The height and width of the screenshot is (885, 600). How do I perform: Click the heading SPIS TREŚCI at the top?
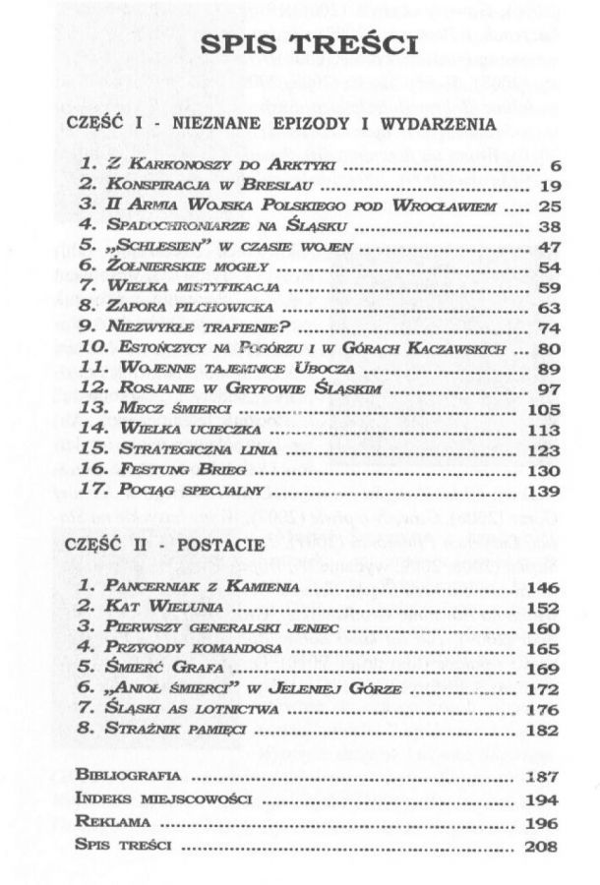tap(309, 46)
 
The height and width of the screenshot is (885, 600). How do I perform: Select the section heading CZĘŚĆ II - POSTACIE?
tap(166, 544)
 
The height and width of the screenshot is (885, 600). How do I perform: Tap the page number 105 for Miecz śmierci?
tap(543, 409)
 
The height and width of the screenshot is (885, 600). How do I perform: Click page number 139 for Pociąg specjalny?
tap(543, 491)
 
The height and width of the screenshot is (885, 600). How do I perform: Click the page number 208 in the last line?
tap(543, 846)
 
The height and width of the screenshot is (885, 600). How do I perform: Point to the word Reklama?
tap(112, 822)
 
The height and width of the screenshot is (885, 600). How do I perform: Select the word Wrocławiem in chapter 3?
tap(445, 206)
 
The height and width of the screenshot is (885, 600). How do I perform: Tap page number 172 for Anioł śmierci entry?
tap(543, 689)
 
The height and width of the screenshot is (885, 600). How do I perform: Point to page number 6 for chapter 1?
tap(555, 164)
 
